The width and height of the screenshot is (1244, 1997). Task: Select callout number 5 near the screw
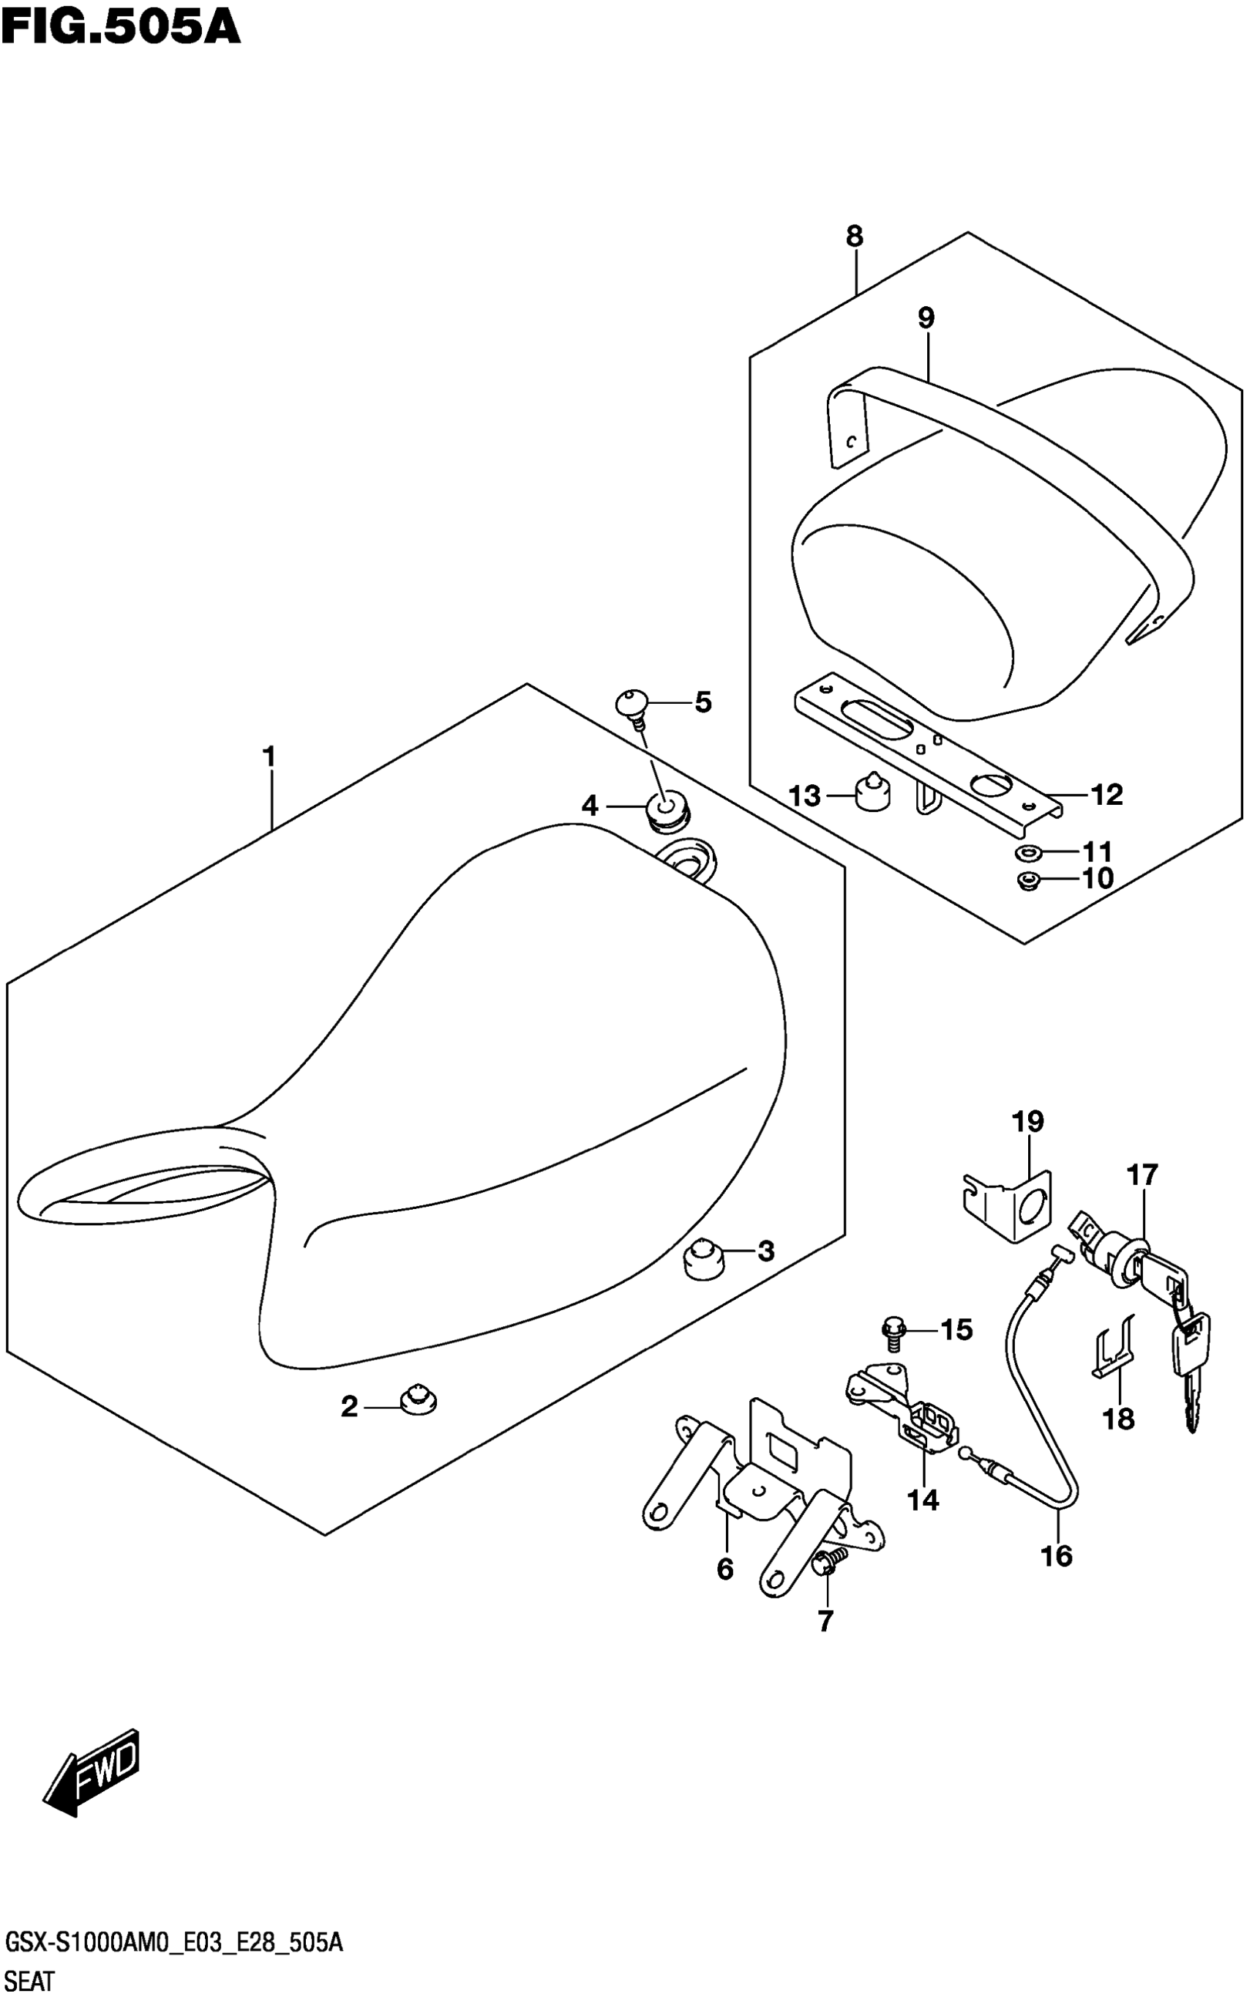(x=702, y=702)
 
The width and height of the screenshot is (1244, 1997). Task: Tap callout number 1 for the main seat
(x=269, y=756)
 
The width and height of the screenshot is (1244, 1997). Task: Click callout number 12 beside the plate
(x=1106, y=795)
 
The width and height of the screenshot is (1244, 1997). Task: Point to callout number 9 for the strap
(x=926, y=319)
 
